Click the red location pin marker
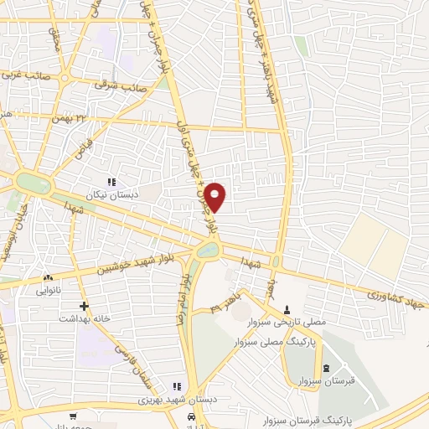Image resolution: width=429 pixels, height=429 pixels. click(215, 197)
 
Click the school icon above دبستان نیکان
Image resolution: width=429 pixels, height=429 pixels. click(110, 182)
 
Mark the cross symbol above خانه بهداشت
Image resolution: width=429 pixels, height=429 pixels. click(83, 306)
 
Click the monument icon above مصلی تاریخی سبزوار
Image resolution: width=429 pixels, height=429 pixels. click(287, 310)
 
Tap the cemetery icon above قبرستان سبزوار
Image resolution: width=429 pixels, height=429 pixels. click(324, 370)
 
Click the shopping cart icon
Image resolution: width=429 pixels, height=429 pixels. click(74, 416)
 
